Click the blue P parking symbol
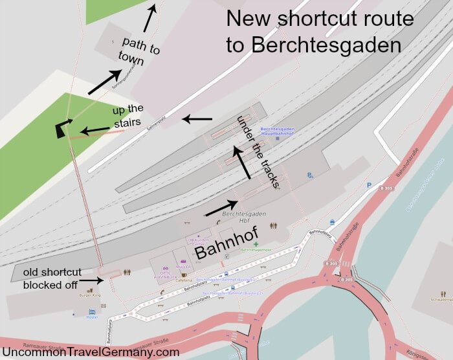point(369,185)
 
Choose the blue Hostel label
point(91,317)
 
